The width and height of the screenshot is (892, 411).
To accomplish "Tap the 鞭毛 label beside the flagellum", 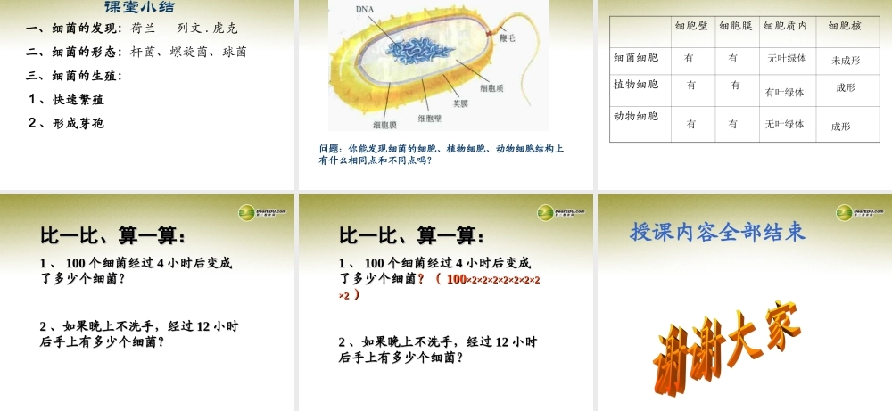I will (508, 38).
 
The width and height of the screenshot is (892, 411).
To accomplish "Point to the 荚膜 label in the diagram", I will (461, 103).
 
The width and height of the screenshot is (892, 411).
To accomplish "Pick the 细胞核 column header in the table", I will (844, 27).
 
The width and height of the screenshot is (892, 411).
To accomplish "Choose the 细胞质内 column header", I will (785, 27).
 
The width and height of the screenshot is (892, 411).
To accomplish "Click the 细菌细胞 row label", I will (636, 57).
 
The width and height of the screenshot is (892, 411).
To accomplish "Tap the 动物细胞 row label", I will (636, 116).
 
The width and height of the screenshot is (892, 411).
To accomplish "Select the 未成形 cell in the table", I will (845, 61).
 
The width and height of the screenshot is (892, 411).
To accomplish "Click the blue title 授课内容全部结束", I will (718, 233).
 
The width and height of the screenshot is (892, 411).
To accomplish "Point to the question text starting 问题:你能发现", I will (441, 154).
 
